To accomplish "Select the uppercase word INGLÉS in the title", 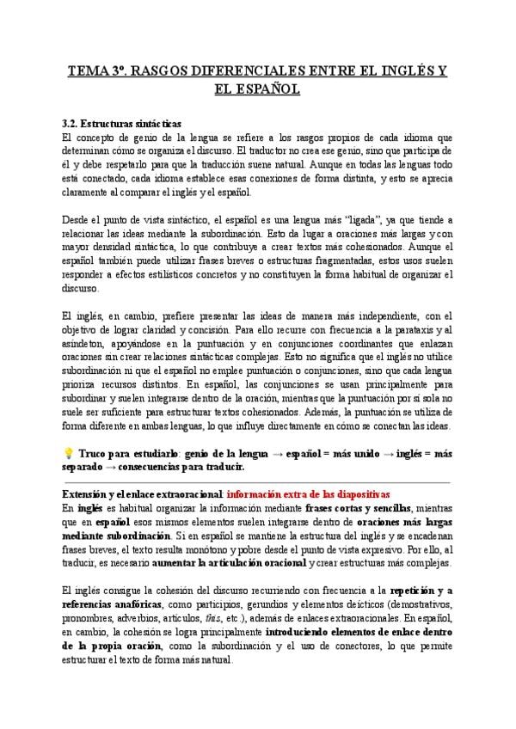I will pyautogui.click(x=393, y=70).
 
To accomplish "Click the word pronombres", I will pyautogui.click(x=91, y=617).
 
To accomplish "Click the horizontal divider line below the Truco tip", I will pyautogui.click(x=257, y=482).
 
